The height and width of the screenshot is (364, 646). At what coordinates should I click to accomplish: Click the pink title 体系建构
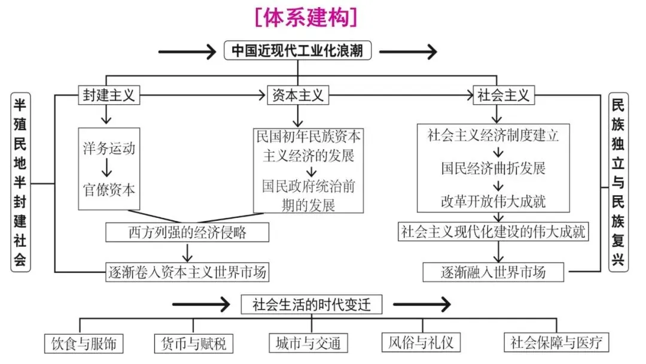pos(305,16)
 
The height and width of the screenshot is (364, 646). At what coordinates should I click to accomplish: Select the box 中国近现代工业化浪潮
pos(297,50)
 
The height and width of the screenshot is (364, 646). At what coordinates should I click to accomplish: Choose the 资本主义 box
pos(297,95)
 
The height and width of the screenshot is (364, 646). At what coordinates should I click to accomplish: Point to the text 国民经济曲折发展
pos(493,168)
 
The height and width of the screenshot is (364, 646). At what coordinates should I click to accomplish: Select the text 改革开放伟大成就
pos(493,200)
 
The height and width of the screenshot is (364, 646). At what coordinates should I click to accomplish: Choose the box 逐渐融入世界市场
pos(493,272)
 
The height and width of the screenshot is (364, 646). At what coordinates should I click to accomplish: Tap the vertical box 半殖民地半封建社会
pos(20,182)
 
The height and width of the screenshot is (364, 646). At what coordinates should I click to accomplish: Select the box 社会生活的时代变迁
pos(311,305)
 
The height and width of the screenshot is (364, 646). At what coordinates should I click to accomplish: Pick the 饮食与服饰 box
pos(84,343)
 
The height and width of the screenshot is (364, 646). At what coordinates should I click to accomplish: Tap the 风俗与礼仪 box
pos(421,342)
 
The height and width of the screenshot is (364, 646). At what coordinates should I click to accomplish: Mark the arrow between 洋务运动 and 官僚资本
pos(109,168)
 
